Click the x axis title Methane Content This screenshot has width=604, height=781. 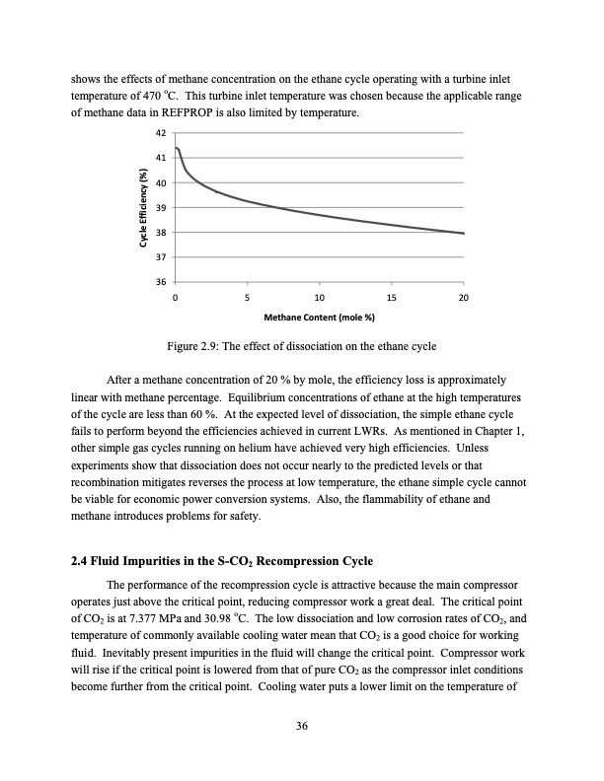319,318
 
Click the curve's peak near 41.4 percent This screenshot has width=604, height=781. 177,148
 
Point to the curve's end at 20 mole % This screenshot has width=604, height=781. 464,234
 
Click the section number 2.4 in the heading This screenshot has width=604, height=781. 81,563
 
